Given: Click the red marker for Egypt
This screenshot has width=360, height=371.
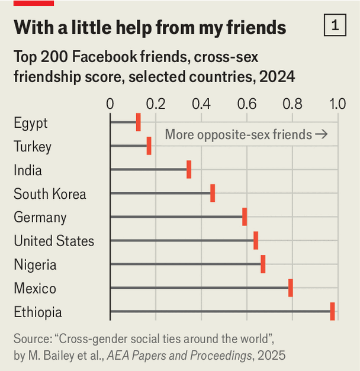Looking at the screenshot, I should tap(138, 122).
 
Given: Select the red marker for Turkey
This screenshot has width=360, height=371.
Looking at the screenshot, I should tap(149, 146).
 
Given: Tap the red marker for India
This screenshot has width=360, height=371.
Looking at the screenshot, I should tap(189, 170).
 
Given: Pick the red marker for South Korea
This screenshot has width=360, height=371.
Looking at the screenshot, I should tap(213, 193).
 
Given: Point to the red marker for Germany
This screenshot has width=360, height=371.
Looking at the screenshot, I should tap(245, 217).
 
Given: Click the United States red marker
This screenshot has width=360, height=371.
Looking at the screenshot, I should tap(256, 240).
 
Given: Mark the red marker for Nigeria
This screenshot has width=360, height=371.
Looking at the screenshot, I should tap(263, 264).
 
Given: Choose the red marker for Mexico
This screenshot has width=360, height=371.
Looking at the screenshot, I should tap(291, 288).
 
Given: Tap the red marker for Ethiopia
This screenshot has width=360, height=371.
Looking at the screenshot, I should tap(332, 311).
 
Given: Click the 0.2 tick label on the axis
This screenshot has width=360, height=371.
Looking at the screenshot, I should tap(155, 104).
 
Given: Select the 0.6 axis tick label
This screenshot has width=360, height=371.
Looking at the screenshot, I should tap(247, 104).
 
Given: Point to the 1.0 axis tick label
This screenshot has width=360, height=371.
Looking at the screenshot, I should tap(337, 104).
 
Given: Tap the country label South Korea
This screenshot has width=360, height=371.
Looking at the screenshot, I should tap(50, 194).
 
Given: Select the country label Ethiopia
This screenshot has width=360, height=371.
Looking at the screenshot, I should tap(38, 312).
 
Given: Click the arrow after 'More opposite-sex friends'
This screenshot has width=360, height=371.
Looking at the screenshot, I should tap(322, 134).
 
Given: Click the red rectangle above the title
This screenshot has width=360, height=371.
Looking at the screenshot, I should tap(34, 3).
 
